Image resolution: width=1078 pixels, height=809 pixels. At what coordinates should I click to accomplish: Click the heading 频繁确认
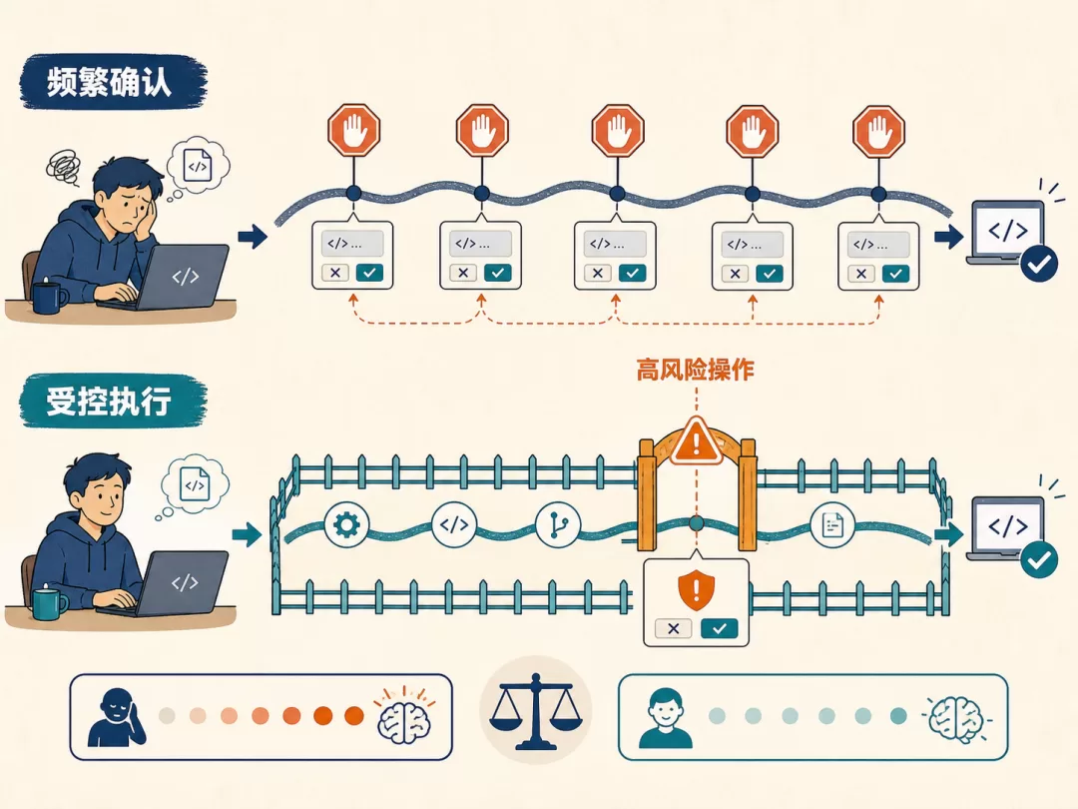point(109,82)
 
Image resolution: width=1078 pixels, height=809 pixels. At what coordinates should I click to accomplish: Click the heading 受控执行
point(109,402)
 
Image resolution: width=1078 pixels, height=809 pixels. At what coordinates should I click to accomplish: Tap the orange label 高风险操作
point(695,371)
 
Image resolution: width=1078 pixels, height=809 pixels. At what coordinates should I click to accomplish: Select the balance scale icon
point(536,711)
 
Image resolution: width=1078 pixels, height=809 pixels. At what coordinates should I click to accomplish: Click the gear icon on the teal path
point(346,525)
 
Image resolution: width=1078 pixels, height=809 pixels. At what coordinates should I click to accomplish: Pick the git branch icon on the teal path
point(558,525)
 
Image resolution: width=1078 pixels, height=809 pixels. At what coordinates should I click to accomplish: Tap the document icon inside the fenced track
point(832,525)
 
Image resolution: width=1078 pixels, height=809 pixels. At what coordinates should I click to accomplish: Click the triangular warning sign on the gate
point(697,441)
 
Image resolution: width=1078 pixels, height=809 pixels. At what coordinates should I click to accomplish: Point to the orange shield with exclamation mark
point(696,590)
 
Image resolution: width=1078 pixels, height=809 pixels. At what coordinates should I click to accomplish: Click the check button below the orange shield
point(719,628)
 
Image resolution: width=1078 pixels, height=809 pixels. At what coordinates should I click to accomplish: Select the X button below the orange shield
point(674,628)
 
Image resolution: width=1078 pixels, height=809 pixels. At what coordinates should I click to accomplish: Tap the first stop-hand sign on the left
point(354,130)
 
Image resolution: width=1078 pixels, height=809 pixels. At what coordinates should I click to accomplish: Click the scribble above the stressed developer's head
point(64,167)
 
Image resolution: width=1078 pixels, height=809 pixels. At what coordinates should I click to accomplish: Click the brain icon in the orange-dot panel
point(404,716)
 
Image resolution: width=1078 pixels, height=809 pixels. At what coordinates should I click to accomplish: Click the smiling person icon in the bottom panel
point(666,719)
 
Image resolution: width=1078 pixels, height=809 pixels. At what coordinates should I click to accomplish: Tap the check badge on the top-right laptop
point(1039,264)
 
